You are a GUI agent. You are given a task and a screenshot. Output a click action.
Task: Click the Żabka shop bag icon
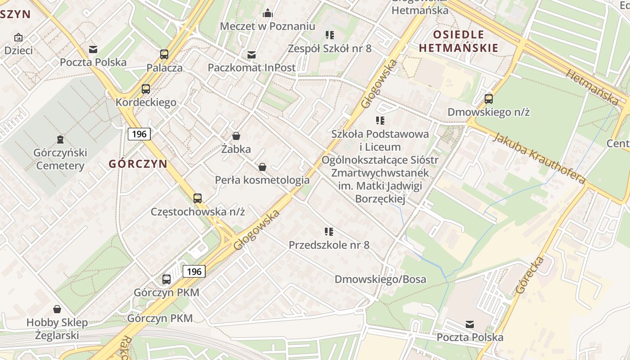pyautogui.click(x=236, y=136)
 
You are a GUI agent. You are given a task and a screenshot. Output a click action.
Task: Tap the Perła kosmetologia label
pyautogui.click(x=262, y=180)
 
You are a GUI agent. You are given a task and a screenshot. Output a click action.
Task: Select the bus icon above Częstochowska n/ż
pyautogui.click(x=197, y=198)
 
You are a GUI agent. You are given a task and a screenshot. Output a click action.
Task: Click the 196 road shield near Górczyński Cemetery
pyautogui.click(x=139, y=134)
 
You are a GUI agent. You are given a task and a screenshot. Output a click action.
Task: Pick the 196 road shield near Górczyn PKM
pyautogui.click(x=194, y=271)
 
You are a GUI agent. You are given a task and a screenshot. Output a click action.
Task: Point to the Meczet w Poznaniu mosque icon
pyautogui.click(x=268, y=13)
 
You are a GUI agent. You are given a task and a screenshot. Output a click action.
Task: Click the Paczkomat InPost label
pyautogui.click(x=252, y=67)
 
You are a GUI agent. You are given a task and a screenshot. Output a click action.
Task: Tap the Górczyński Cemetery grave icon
pyautogui.click(x=60, y=139)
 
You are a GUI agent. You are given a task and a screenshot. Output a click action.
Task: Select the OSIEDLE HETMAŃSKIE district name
pyautogui.click(x=459, y=41)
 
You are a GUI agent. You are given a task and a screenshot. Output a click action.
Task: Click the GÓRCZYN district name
pyautogui.click(x=138, y=164)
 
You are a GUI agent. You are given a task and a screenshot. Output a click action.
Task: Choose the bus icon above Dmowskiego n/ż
pyautogui.click(x=488, y=99)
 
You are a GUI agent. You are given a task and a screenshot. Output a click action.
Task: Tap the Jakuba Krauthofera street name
pyautogui.click(x=539, y=158)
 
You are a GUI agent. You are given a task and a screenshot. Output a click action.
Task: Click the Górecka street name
pyautogui.click(x=531, y=275)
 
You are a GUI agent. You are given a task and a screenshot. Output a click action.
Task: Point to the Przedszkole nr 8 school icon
pyautogui.click(x=329, y=232)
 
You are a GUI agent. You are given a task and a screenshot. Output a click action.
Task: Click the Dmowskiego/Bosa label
pyautogui.click(x=380, y=279)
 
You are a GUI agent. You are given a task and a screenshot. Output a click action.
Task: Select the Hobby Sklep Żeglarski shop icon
pyautogui.click(x=57, y=309)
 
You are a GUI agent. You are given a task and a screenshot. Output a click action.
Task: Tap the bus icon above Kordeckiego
pyautogui.click(x=146, y=89)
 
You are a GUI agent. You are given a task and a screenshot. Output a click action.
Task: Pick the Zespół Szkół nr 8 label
pyautogui.click(x=330, y=48)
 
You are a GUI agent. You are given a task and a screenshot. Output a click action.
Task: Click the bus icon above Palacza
pyautogui.click(x=164, y=54)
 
